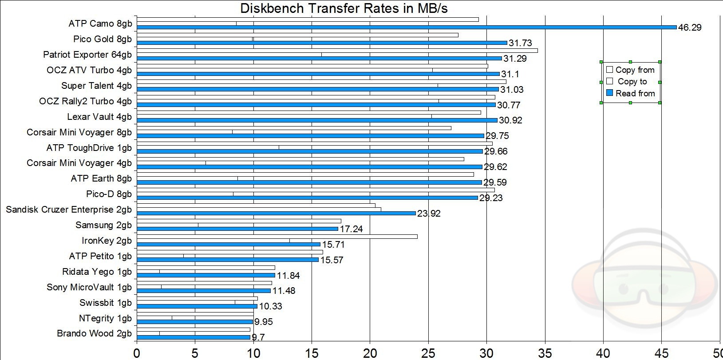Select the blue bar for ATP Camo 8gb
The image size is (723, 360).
tap(407, 28)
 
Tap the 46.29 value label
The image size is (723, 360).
tap(690, 28)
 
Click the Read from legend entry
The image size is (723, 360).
tap(631, 93)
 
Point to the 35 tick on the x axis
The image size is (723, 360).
tap(545, 353)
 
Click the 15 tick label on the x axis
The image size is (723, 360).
tap(312, 353)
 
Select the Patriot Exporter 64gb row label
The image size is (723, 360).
tap(87, 55)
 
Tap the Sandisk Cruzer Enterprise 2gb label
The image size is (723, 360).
tap(69, 210)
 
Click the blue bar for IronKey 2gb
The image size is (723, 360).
tap(229, 245)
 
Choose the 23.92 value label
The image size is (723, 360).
tap(429, 214)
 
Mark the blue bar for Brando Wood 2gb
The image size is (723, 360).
tap(194, 337)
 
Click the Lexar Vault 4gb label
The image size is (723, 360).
tap(99, 117)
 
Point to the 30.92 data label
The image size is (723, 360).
tap(510, 120)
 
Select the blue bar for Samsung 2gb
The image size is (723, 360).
tap(237, 229)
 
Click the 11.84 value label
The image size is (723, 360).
tap(288, 275)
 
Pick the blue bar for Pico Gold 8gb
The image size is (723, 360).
tap(322, 43)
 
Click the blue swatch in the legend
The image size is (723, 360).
tap(609, 93)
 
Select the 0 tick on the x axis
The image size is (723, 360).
tap(137, 353)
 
